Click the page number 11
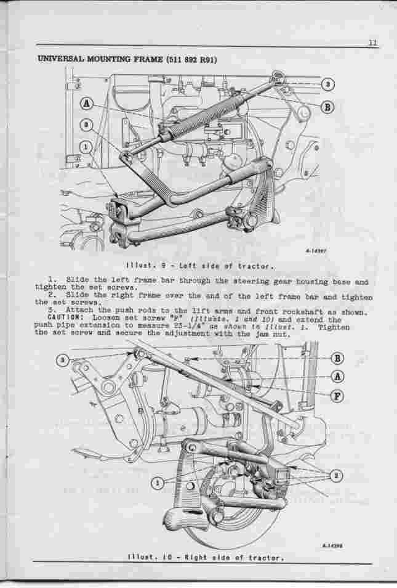tap(373, 43)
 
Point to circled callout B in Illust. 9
tap(327, 106)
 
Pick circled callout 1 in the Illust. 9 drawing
tap(87, 147)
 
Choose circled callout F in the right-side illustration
tap(338, 396)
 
